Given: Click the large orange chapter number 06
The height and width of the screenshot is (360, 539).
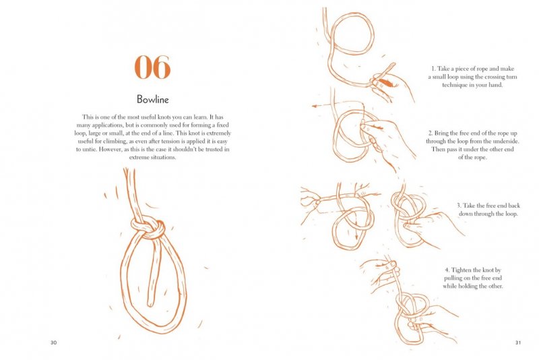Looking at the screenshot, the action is point(152,67).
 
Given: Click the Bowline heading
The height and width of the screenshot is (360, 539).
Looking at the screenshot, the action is point(153,99).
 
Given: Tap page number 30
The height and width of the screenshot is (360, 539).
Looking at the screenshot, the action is point(53,342).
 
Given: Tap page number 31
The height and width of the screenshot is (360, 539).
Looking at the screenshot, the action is point(518,342).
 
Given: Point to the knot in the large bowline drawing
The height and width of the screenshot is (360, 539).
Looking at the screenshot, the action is point(148,228).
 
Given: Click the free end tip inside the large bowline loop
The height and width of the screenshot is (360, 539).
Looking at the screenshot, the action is point(150,304).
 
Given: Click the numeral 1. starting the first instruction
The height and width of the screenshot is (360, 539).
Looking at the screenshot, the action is point(433,69).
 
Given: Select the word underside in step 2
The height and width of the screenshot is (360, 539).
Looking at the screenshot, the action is point(507,142).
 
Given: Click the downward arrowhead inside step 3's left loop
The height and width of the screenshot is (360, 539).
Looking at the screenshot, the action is point(356,237).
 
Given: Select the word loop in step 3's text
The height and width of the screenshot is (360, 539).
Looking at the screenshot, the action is point(510,214).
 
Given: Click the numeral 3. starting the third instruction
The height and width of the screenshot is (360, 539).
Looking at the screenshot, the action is point(459,206).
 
